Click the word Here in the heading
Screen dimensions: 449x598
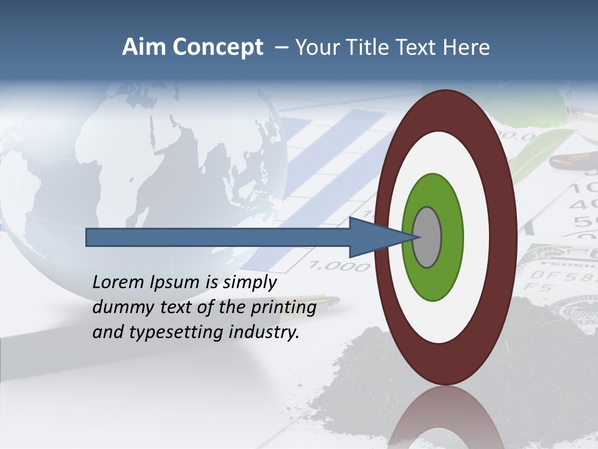click(x=467, y=47)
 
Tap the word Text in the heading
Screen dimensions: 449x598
click(x=420, y=47)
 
